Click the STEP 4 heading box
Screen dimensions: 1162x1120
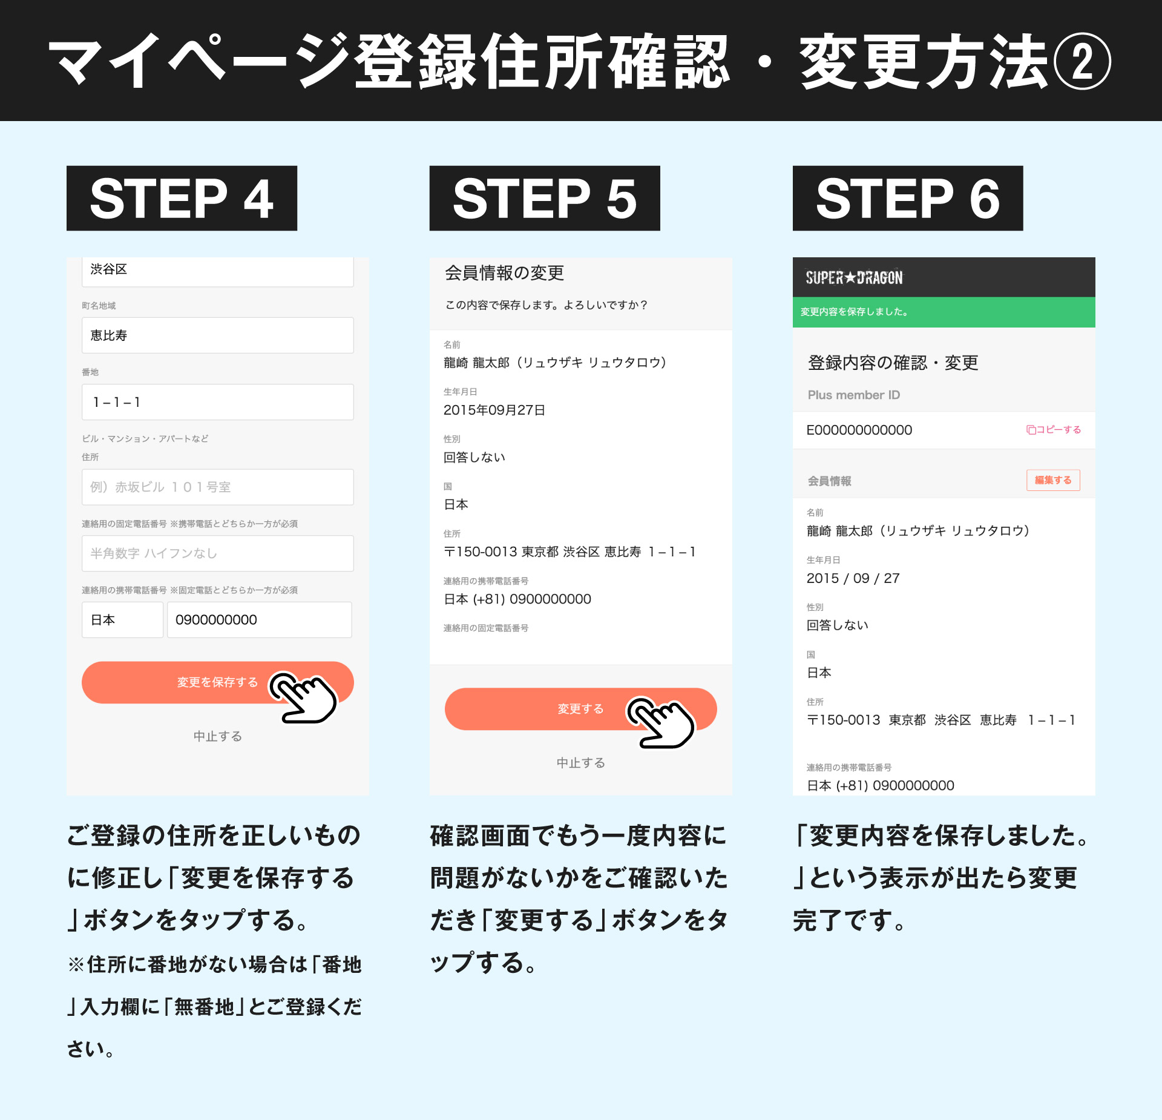click(182, 198)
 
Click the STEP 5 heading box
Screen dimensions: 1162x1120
click(545, 198)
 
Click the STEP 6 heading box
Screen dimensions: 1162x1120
click(908, 198)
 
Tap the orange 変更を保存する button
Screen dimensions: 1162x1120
click(217, 682)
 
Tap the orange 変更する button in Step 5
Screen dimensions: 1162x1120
click(580, 709)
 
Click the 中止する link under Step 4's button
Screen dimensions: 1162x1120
click(218, 736)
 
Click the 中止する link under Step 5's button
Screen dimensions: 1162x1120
click(581, 763)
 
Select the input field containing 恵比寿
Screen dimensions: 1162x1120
click(218, 335)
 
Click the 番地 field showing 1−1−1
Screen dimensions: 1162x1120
click(218, 402)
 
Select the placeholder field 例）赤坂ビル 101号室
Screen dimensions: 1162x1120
click(218, 487)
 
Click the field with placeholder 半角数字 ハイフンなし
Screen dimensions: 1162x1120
click(218, 553)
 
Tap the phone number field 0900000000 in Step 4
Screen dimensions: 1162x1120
click(259, 620)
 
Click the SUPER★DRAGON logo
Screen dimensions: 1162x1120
click(854, 278)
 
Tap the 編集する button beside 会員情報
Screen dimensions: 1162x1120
click(1053, 480)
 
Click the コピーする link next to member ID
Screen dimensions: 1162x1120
click(1054, 430)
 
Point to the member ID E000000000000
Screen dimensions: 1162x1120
click(859, 430)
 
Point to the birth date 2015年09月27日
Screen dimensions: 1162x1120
click(494, 410)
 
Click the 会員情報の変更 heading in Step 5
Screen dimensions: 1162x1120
click(505, 273)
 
